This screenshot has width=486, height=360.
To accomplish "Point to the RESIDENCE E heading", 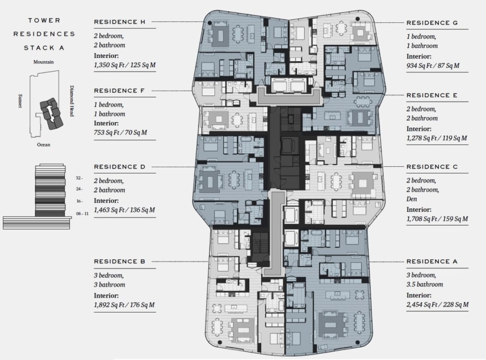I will (x=432, y=95).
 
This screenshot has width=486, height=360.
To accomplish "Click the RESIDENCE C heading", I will (x=432, y=167).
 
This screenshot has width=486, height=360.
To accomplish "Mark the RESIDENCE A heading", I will (x=432, y=261).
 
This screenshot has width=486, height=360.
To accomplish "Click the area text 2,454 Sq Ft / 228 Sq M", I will (x=438, y=304).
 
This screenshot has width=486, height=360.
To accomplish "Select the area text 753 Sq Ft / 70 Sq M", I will (x=121, y=133).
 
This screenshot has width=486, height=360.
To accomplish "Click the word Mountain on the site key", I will (x=44, y=62).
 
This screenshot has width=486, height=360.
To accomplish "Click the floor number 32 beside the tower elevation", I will (x=79, y=178).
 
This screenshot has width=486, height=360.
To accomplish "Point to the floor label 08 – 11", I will (x=82, y=214).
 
